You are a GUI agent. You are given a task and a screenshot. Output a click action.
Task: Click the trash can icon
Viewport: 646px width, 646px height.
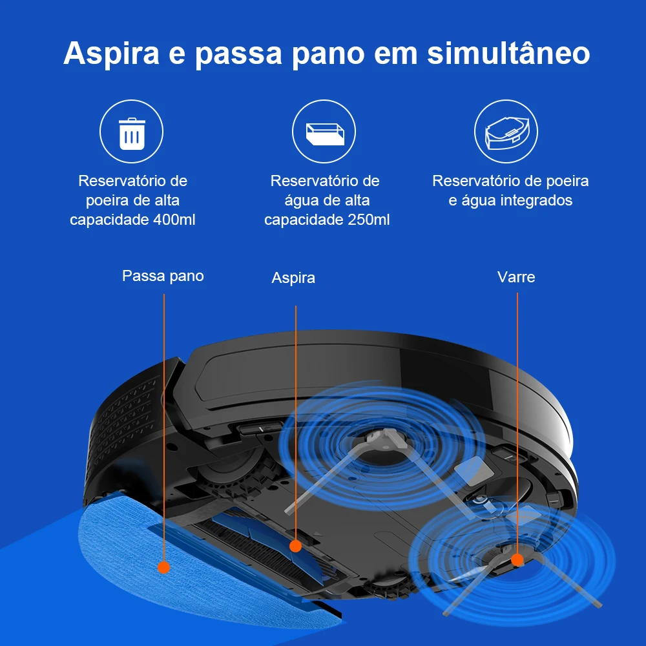coord(132,134)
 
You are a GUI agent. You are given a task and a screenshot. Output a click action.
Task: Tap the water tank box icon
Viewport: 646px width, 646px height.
coord(325,134)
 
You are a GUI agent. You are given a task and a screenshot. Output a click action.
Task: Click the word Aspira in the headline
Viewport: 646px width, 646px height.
coord(111,54)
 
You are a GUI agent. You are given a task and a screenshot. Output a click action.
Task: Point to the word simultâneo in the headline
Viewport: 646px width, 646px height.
coord(508,53)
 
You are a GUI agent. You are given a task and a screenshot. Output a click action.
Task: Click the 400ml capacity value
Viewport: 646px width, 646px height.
coord(174,220)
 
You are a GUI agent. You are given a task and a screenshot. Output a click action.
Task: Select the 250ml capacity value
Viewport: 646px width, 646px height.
coord(368,220)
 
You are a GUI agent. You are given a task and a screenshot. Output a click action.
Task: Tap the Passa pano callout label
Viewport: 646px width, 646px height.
coord(163,276)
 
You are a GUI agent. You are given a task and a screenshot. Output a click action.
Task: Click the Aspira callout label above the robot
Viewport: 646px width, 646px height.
coord(293,278)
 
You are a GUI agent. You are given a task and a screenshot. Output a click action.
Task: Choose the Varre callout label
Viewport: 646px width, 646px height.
coord(516,277)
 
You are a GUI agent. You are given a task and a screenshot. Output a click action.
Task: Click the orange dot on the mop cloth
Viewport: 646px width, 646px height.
coord(163,567)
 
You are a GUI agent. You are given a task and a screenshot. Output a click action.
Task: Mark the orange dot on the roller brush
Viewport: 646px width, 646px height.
coord(295,547)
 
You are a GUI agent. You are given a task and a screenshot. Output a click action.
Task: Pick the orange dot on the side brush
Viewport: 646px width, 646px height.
coord(517,560)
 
